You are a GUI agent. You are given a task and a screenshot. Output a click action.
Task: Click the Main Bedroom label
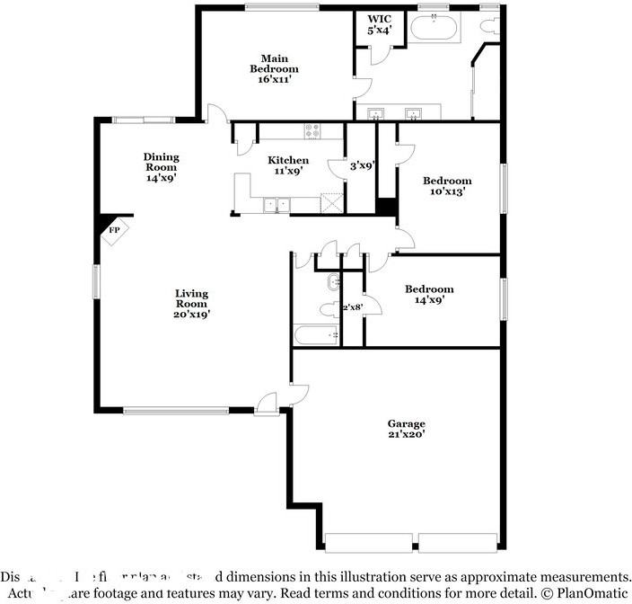274,69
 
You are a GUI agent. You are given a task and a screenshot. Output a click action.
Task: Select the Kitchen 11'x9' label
287,165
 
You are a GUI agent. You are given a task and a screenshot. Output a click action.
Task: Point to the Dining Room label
161,167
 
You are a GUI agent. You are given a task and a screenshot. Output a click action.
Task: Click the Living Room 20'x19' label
191,304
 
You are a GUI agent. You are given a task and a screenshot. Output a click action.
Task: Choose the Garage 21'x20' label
406,429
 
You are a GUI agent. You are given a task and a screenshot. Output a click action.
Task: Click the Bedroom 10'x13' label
447,186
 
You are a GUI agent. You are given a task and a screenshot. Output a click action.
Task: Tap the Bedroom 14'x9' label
428,294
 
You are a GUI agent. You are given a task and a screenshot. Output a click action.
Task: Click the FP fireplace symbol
114,231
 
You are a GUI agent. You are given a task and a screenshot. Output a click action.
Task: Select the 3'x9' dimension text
362,165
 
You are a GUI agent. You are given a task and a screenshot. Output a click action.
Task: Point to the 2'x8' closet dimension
353,308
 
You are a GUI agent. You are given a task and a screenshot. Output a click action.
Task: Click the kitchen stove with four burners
312,131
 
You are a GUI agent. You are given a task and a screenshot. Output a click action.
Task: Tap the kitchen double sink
276,205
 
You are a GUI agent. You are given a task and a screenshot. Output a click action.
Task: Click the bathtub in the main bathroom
435,30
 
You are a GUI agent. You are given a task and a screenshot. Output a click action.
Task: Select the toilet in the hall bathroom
328,311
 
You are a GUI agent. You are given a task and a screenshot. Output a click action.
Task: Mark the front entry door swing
268,404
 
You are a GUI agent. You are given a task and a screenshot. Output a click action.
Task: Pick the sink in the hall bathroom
333,281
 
